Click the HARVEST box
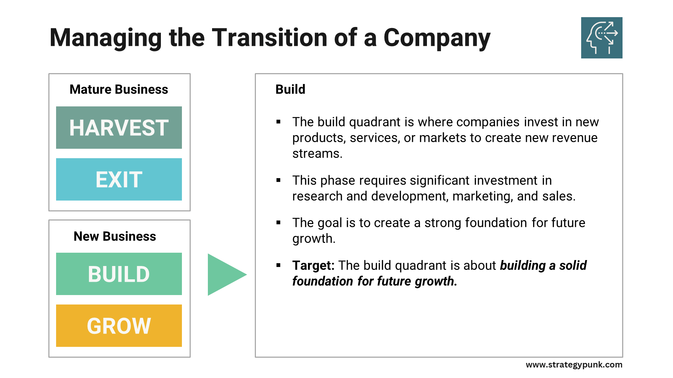119,127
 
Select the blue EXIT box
119,179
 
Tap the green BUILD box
119,274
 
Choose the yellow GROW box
119,325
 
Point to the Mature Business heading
119,89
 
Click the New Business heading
115,236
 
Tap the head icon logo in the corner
601,38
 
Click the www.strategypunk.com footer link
574,365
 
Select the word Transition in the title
270,37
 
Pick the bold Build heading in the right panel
290,89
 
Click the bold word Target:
314,266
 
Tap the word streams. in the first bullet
317,154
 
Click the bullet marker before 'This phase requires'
279,181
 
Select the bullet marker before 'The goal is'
279,223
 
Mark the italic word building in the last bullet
523,266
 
